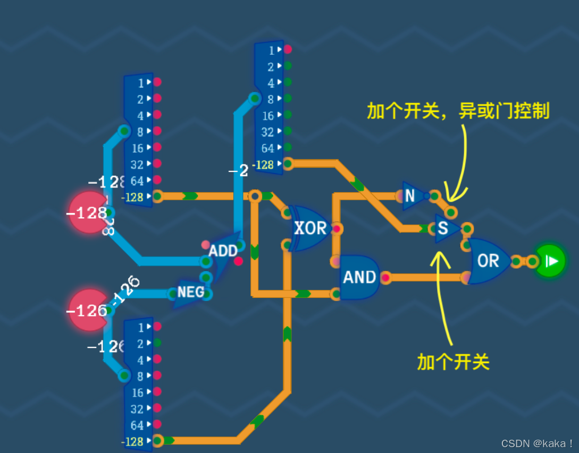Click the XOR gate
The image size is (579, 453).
tap(310, 228)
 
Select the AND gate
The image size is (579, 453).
tap(359, 277)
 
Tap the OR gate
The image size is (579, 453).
tap(488, 260)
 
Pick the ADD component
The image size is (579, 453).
tap(222, 251)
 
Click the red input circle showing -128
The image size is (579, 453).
tap(88, 213)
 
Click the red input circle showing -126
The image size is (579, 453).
tap(88, 310)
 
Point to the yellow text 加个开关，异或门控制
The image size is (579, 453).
tap(458, 111)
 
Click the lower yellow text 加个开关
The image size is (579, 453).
tap(453, 362)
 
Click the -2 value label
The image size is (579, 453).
tap(238, 171)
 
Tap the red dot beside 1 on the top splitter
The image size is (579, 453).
tap(288, 49)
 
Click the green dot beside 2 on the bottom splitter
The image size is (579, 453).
tap(157, 343)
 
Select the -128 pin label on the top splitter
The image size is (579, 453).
tap(263, 165)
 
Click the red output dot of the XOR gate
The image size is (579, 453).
tap(336, 229)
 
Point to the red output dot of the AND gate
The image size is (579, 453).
tap(385, 277)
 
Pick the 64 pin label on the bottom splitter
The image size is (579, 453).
tap(137, 425)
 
